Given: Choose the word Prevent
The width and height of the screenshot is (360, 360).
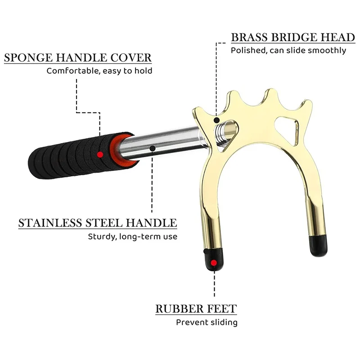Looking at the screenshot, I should (191, 322).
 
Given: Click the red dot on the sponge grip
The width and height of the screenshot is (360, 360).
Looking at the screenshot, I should (100, 154).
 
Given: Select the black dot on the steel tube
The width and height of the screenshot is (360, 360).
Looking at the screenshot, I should (153, 147).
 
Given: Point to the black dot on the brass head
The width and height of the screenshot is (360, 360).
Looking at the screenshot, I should (216, 121).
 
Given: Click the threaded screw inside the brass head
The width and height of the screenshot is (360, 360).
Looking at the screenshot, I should (221, 131).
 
